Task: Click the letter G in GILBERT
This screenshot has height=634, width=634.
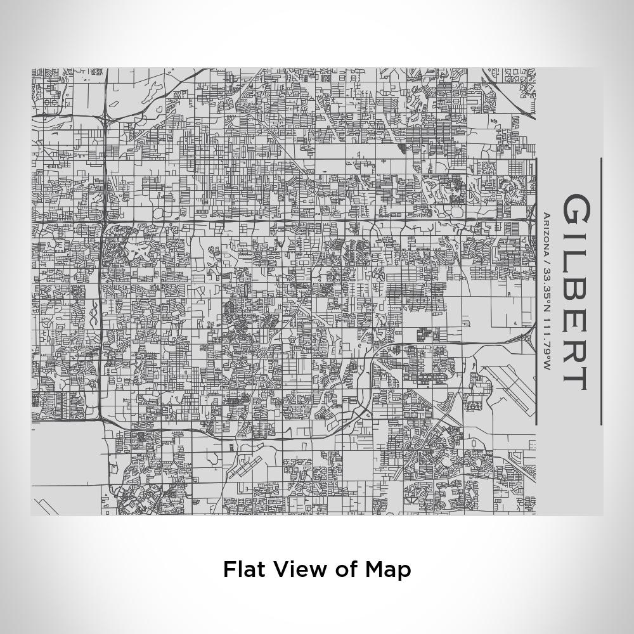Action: pos(576,209)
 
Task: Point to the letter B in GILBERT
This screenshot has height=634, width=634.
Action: pos(576,292)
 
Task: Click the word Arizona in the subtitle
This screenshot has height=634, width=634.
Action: pos(547,235)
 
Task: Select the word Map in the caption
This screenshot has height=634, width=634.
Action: pos(388,569)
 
